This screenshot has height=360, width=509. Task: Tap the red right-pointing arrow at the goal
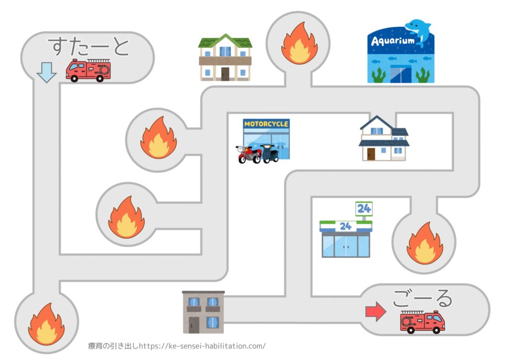click(376, 312)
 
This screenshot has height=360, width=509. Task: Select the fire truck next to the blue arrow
click(88, 70)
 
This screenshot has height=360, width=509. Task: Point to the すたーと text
click(88, 46)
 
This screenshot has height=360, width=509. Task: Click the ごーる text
click(423, 298)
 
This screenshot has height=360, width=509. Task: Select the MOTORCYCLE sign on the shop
click(266, 123)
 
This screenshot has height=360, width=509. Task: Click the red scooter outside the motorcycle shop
click(249, 154)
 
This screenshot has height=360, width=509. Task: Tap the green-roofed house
click(225, 57)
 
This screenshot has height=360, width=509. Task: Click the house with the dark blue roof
click(384, 139)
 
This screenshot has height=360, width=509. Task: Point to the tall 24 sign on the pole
click(364, 208)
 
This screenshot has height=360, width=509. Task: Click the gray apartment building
click(203, 312)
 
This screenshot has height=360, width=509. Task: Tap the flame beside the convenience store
click(424, 243)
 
